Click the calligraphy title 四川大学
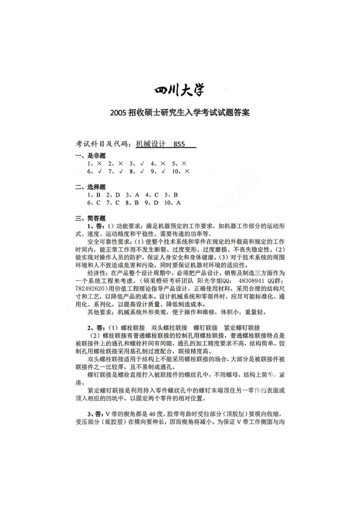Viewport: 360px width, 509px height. click(x=180, y=90)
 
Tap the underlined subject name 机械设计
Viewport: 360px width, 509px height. click(x=150, y=144)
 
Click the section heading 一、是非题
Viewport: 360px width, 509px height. click(x=90, y=156)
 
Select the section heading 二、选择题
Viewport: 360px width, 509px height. click(x=90, y=187)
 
